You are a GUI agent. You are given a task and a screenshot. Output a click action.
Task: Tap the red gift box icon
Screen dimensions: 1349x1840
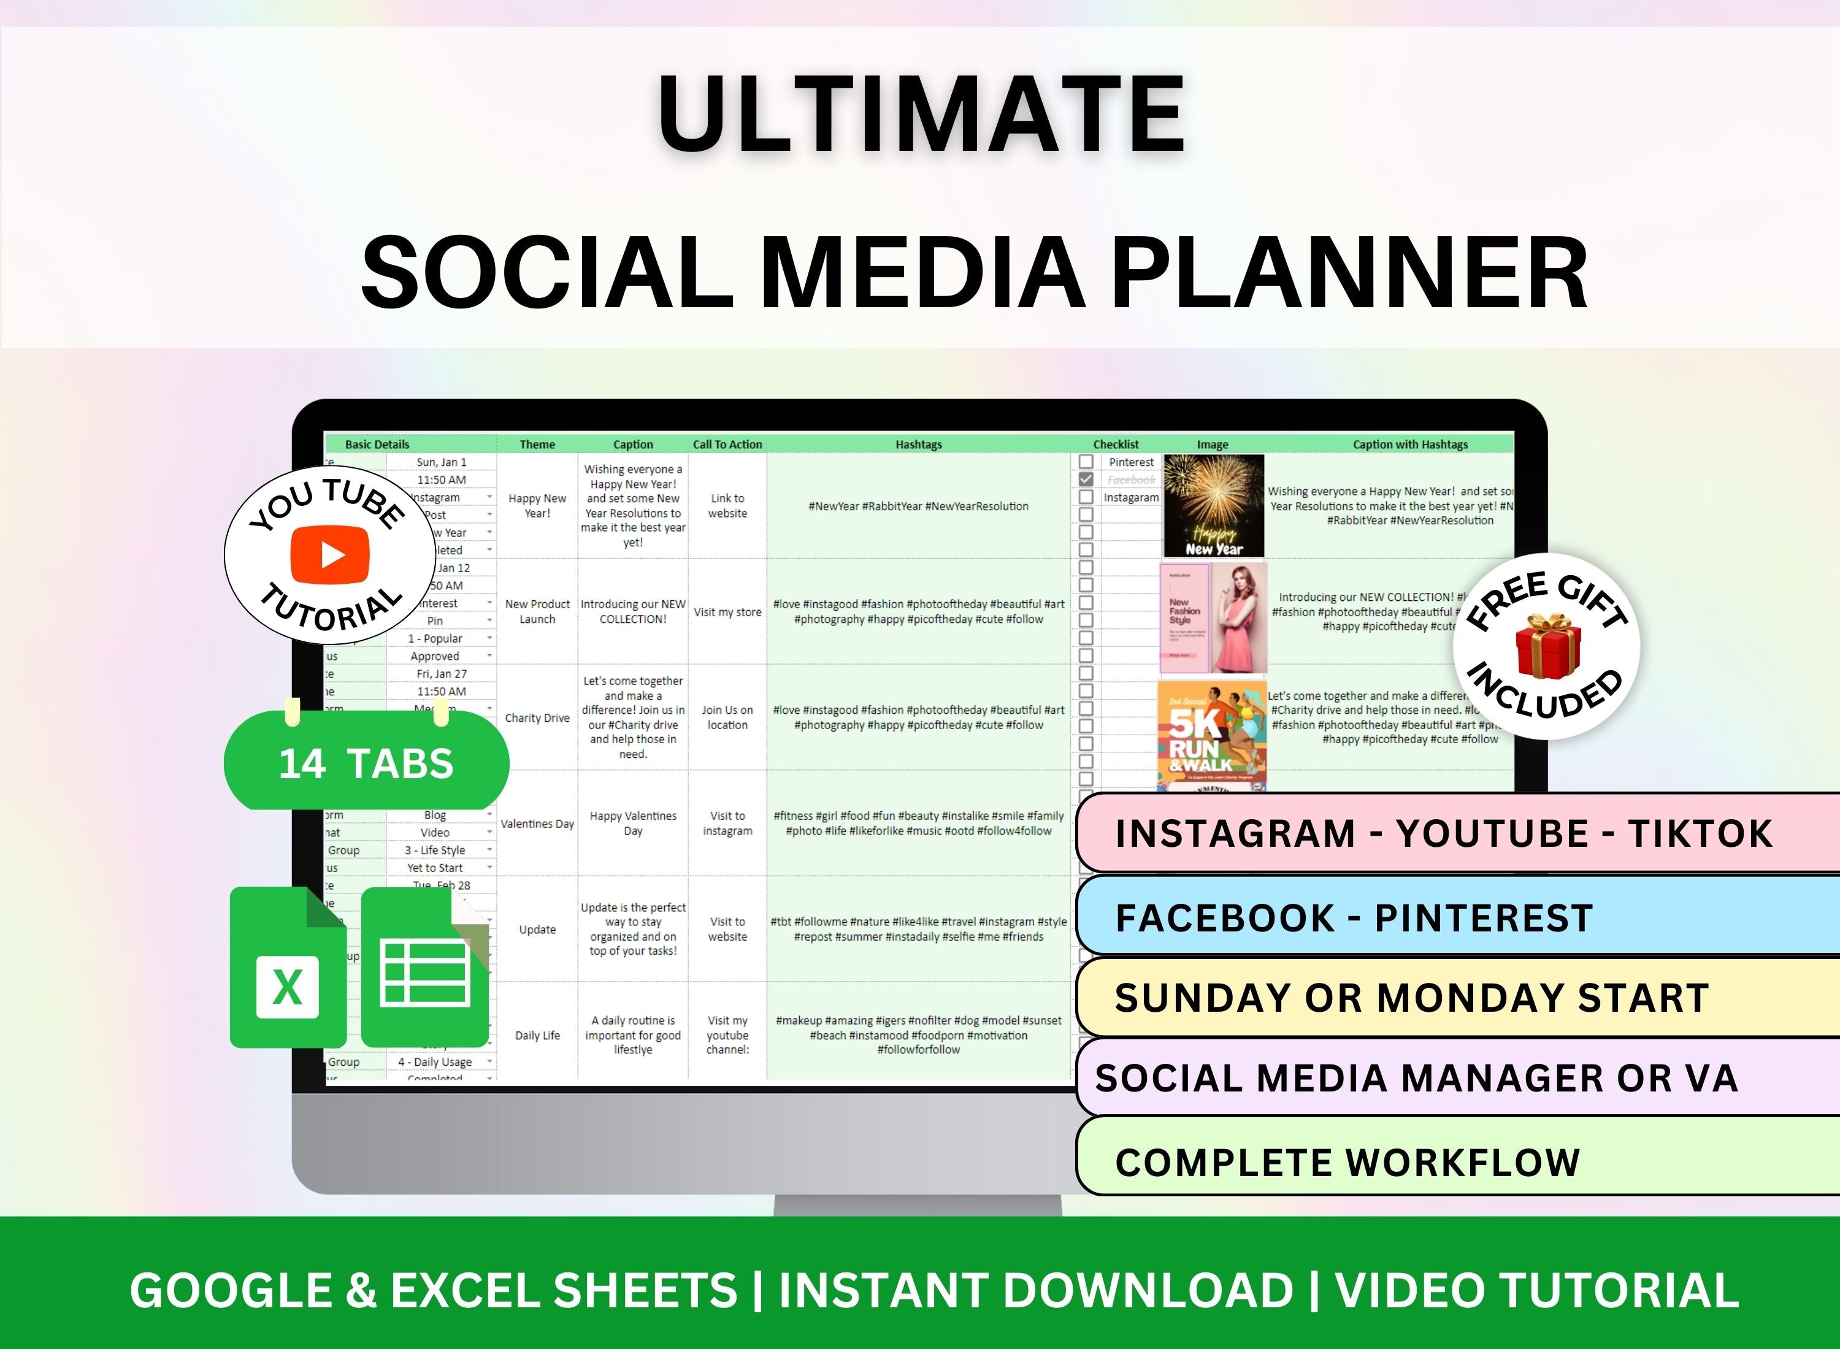1547,648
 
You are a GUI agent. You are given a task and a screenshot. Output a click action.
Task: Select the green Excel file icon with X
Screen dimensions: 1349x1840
288,968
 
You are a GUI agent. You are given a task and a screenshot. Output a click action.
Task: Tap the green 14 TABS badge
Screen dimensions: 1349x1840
367,763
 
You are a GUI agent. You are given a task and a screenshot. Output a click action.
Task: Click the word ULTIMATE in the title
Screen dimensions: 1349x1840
921,114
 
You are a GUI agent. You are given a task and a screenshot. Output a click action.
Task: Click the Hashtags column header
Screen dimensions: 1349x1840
918,444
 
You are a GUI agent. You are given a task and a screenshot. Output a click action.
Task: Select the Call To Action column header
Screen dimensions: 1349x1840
727,444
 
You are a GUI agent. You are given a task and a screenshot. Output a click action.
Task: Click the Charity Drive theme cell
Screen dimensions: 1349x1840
537,718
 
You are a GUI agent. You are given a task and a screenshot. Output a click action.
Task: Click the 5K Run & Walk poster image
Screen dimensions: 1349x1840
1212,736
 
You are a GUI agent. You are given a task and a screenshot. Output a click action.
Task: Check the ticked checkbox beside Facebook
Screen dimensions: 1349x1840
1086,480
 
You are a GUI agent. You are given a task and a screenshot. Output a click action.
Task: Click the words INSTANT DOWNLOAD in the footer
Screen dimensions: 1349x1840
1035,1291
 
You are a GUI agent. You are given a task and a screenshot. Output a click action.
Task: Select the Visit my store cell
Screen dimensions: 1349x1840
727,611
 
